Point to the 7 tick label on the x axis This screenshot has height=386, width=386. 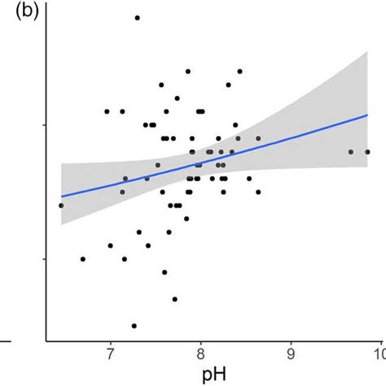110,352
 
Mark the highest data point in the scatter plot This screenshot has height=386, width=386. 137,17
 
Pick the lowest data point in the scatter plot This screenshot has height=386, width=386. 134,326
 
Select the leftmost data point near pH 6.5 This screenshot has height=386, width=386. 61,205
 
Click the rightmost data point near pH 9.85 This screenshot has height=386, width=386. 367,151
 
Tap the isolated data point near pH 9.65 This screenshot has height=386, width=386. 351,151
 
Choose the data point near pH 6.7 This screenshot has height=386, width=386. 82,259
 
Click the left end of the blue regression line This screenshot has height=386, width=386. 61,196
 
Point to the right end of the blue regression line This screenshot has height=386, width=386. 368,115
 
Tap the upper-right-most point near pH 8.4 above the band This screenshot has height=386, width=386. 239,71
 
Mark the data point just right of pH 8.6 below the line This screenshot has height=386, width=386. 258,192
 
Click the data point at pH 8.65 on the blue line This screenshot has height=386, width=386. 259,139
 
